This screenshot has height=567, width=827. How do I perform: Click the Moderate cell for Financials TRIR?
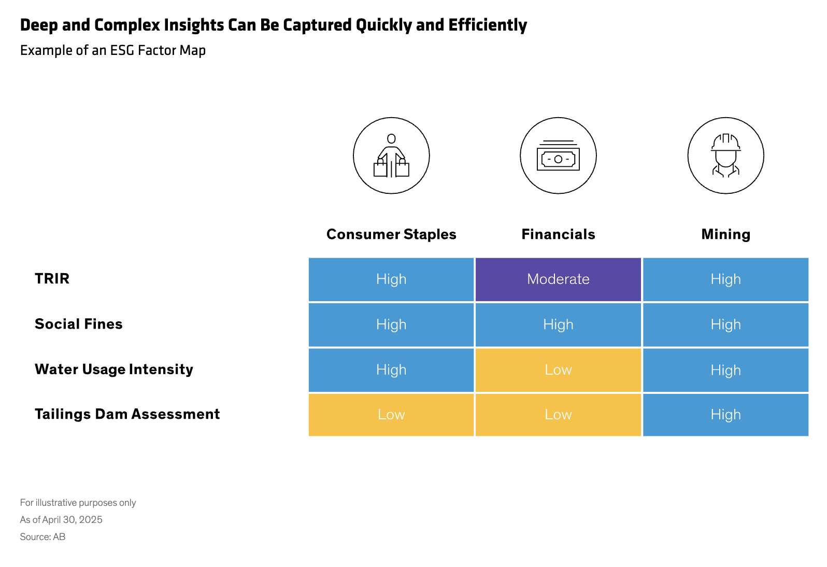[558, 279]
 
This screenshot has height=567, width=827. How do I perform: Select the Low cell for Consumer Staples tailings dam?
[391, 415]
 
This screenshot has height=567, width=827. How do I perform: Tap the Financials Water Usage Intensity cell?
[558, 370]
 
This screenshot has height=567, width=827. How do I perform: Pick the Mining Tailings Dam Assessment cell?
[725, 415]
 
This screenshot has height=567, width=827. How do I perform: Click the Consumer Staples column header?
[391, 234]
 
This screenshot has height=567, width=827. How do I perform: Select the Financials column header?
[558, 234]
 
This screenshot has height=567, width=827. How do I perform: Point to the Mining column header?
[726, 234]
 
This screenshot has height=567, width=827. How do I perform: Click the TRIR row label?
[52, 278]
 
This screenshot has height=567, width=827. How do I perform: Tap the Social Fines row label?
[79, 324]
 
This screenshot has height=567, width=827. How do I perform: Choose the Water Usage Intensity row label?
[114, 370]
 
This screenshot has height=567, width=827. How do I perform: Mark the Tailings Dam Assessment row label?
[127, 414]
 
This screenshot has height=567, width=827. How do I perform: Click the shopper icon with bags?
[391, 155]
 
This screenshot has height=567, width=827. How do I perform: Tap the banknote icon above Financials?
[558, 155]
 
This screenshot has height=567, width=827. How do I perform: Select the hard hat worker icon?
[726, 155]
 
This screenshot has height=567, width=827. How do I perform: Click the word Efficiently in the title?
[488, 25]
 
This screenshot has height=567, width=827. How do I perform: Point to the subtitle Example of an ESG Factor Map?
[112, 50]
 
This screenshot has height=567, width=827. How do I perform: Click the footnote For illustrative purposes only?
[78, 503]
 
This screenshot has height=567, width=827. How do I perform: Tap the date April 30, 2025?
[73, 520]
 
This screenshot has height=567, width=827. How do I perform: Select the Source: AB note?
[42, 537]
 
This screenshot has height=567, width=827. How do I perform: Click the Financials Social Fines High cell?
[558, 324]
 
